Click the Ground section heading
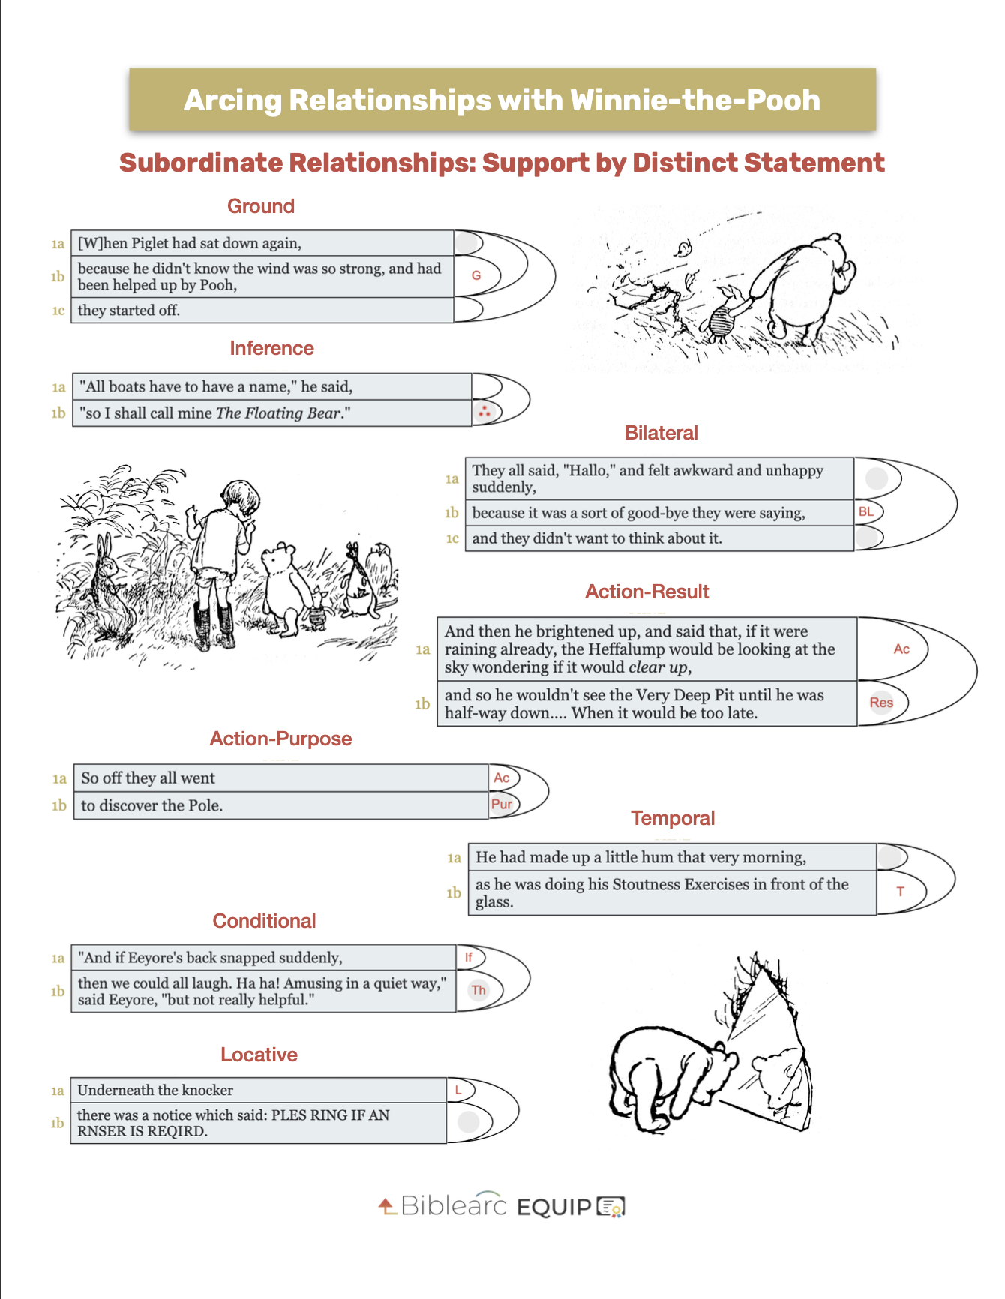261,206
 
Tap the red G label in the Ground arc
476,275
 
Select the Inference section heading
271,348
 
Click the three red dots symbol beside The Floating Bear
484,412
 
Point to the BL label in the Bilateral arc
866,512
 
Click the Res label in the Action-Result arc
881,703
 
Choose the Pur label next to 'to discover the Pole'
502,805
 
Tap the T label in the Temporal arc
900,892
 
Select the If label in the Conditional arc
468,957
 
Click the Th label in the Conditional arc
478,990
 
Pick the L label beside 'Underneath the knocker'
458,1090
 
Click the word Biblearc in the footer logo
454,1205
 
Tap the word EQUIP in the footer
554,1207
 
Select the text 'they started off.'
129,310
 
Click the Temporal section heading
673,818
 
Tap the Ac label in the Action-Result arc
901,649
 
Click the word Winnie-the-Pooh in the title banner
694,100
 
